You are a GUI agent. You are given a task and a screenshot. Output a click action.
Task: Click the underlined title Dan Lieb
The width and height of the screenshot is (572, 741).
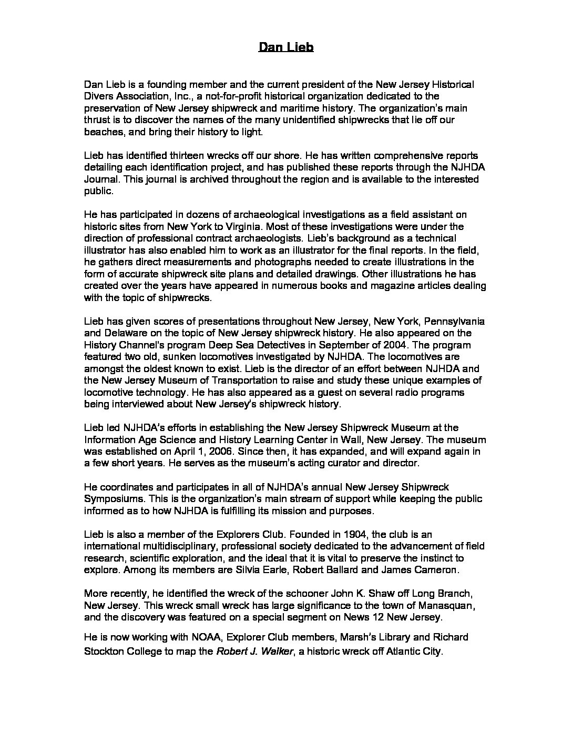pos(286,48)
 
